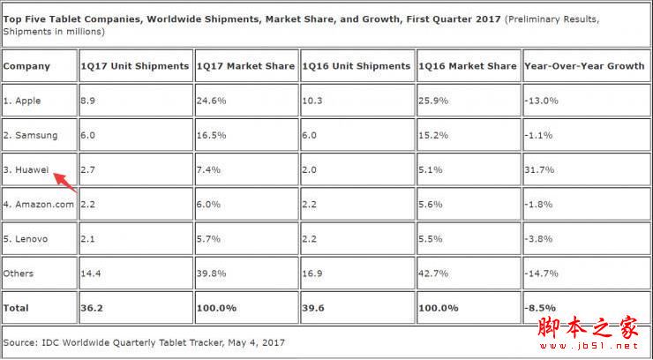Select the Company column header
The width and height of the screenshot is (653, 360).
tap(26, 66)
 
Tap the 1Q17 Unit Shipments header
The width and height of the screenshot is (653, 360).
tap(134, 66)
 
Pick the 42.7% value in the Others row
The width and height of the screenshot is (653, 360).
tap(432, 274)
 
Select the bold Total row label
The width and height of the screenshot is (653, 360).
tap(17, 308)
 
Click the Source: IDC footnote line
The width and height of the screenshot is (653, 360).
tap(144, 341)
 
